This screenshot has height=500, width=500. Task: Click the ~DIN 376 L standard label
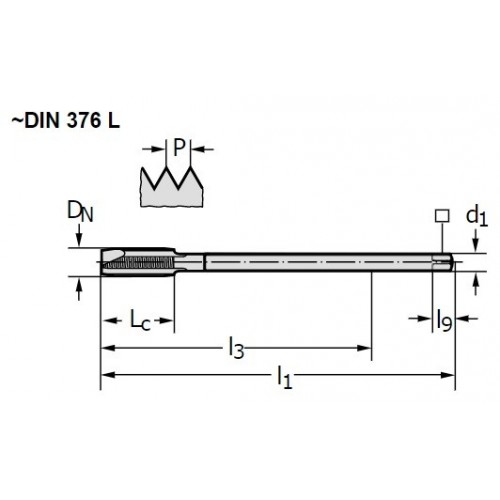tap(66, 121)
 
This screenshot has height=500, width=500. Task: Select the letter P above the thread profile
tap(179, 147)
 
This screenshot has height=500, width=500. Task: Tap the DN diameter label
tap(80, 212)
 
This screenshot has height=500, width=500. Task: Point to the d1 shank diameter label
tap(477, 216)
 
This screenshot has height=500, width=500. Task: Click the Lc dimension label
tap(140, 320)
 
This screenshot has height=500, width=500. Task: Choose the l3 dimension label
tap(236, 348)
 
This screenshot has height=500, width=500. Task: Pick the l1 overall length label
tap(284, 377)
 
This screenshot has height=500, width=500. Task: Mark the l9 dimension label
tap(444, 320)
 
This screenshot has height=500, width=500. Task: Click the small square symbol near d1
tap(442, 216)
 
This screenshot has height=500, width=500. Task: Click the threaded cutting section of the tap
tap(138, 262)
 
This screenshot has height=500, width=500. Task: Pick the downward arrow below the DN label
tap(79, 236)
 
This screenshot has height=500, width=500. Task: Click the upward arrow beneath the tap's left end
tap(79, 289)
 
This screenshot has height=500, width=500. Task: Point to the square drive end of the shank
tap(443, 262)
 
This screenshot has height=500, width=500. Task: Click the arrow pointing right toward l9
tap(420, 319)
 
